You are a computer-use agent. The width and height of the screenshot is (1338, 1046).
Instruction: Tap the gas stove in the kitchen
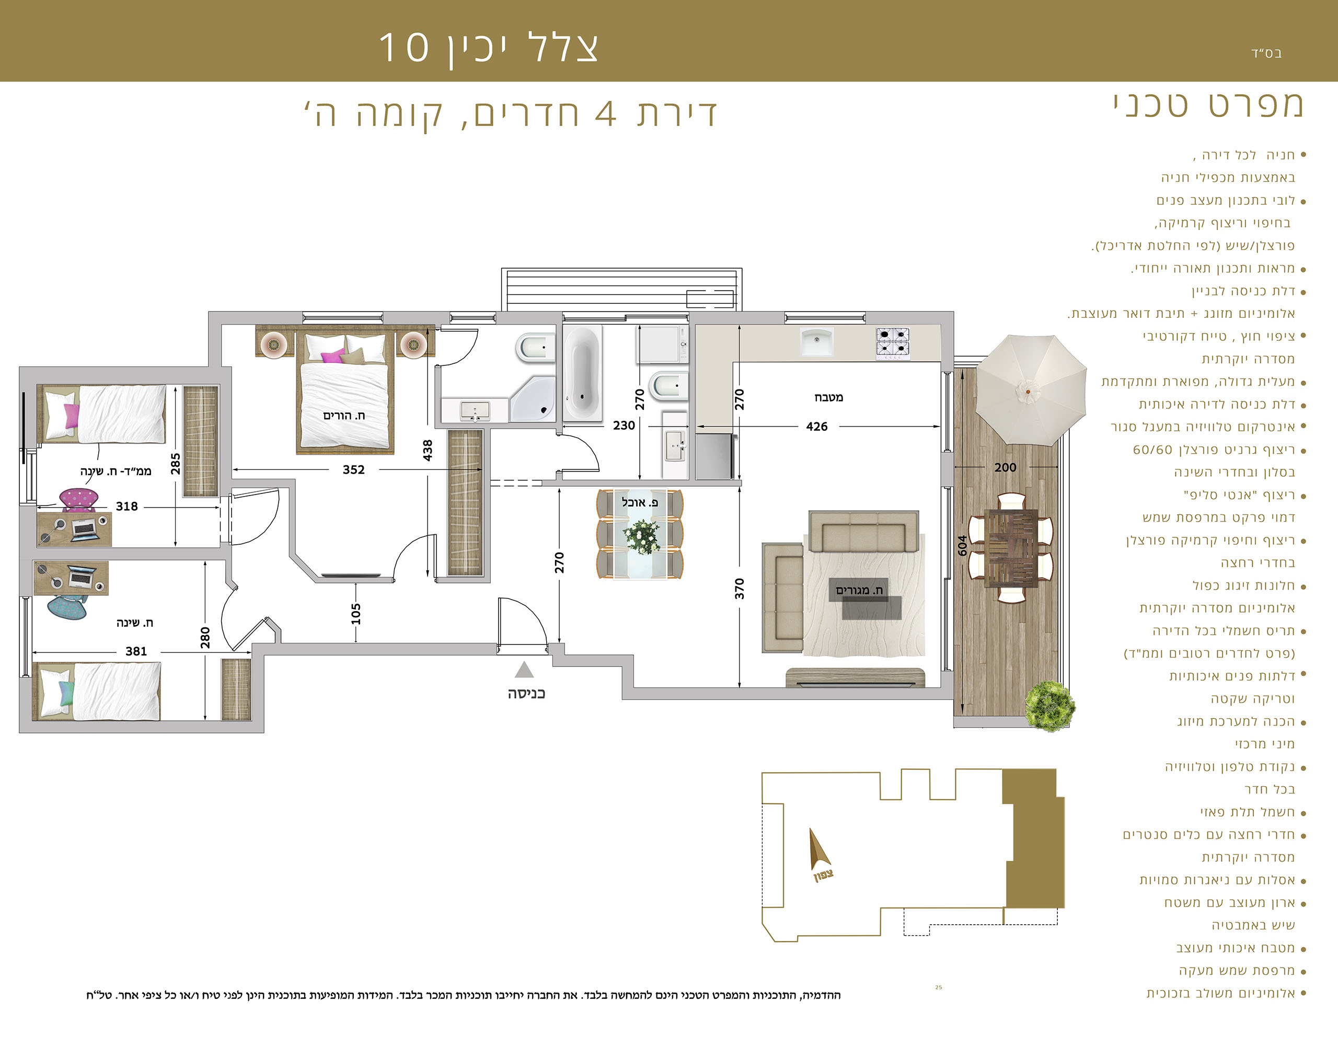point(893,342)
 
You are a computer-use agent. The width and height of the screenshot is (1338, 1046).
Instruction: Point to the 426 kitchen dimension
point(816,427)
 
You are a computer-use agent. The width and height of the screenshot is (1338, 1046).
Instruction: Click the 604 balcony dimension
point(962,545)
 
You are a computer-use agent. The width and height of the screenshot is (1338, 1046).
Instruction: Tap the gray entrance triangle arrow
point(524,669)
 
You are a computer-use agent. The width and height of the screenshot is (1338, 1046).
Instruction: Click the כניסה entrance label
point(526,694)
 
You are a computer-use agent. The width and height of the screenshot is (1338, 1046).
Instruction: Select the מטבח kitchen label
point(829,397)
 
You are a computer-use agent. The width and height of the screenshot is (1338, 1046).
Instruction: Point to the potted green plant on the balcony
point(1050,706)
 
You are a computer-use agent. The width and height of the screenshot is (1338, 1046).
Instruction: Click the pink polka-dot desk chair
point(79,499)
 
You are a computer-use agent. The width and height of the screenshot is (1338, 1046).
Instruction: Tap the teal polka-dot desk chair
point(67,607)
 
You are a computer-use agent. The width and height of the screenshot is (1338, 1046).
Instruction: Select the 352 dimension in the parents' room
point(353,469)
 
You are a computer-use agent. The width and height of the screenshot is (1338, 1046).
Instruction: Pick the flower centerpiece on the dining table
point(641,536)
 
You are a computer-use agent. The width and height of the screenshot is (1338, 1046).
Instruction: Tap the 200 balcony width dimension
point(1006,467)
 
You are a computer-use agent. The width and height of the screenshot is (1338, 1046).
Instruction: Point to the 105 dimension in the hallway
point(356,613)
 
